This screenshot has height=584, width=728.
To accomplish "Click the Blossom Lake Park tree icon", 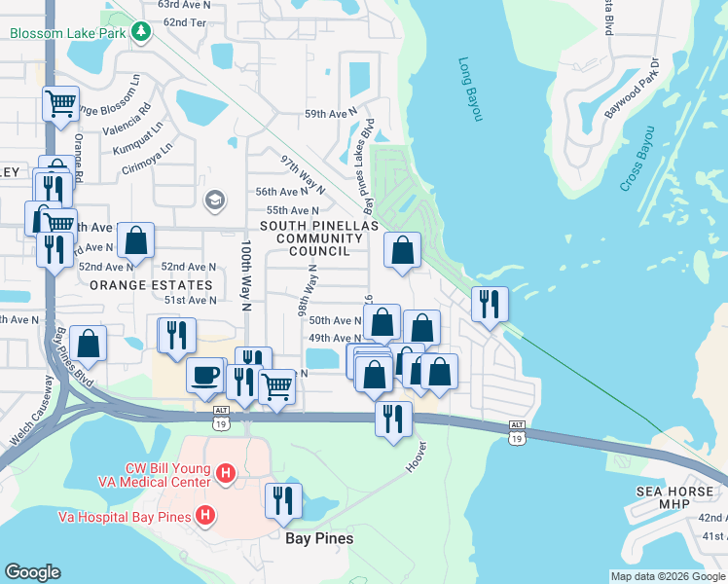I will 142,33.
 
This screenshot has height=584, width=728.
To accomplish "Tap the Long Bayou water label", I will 470,90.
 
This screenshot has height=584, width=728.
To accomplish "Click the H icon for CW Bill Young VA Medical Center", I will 225,474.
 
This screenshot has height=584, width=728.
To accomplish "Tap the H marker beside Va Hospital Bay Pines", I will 204,515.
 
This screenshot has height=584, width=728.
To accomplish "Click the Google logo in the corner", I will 33,572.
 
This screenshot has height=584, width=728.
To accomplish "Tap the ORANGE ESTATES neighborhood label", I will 151,285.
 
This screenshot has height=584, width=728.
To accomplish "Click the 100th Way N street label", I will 246,277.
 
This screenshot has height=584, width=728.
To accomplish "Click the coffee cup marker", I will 204,375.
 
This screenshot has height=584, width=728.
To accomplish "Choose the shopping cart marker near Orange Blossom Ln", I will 60,102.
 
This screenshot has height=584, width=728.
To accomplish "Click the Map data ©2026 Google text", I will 667,575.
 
